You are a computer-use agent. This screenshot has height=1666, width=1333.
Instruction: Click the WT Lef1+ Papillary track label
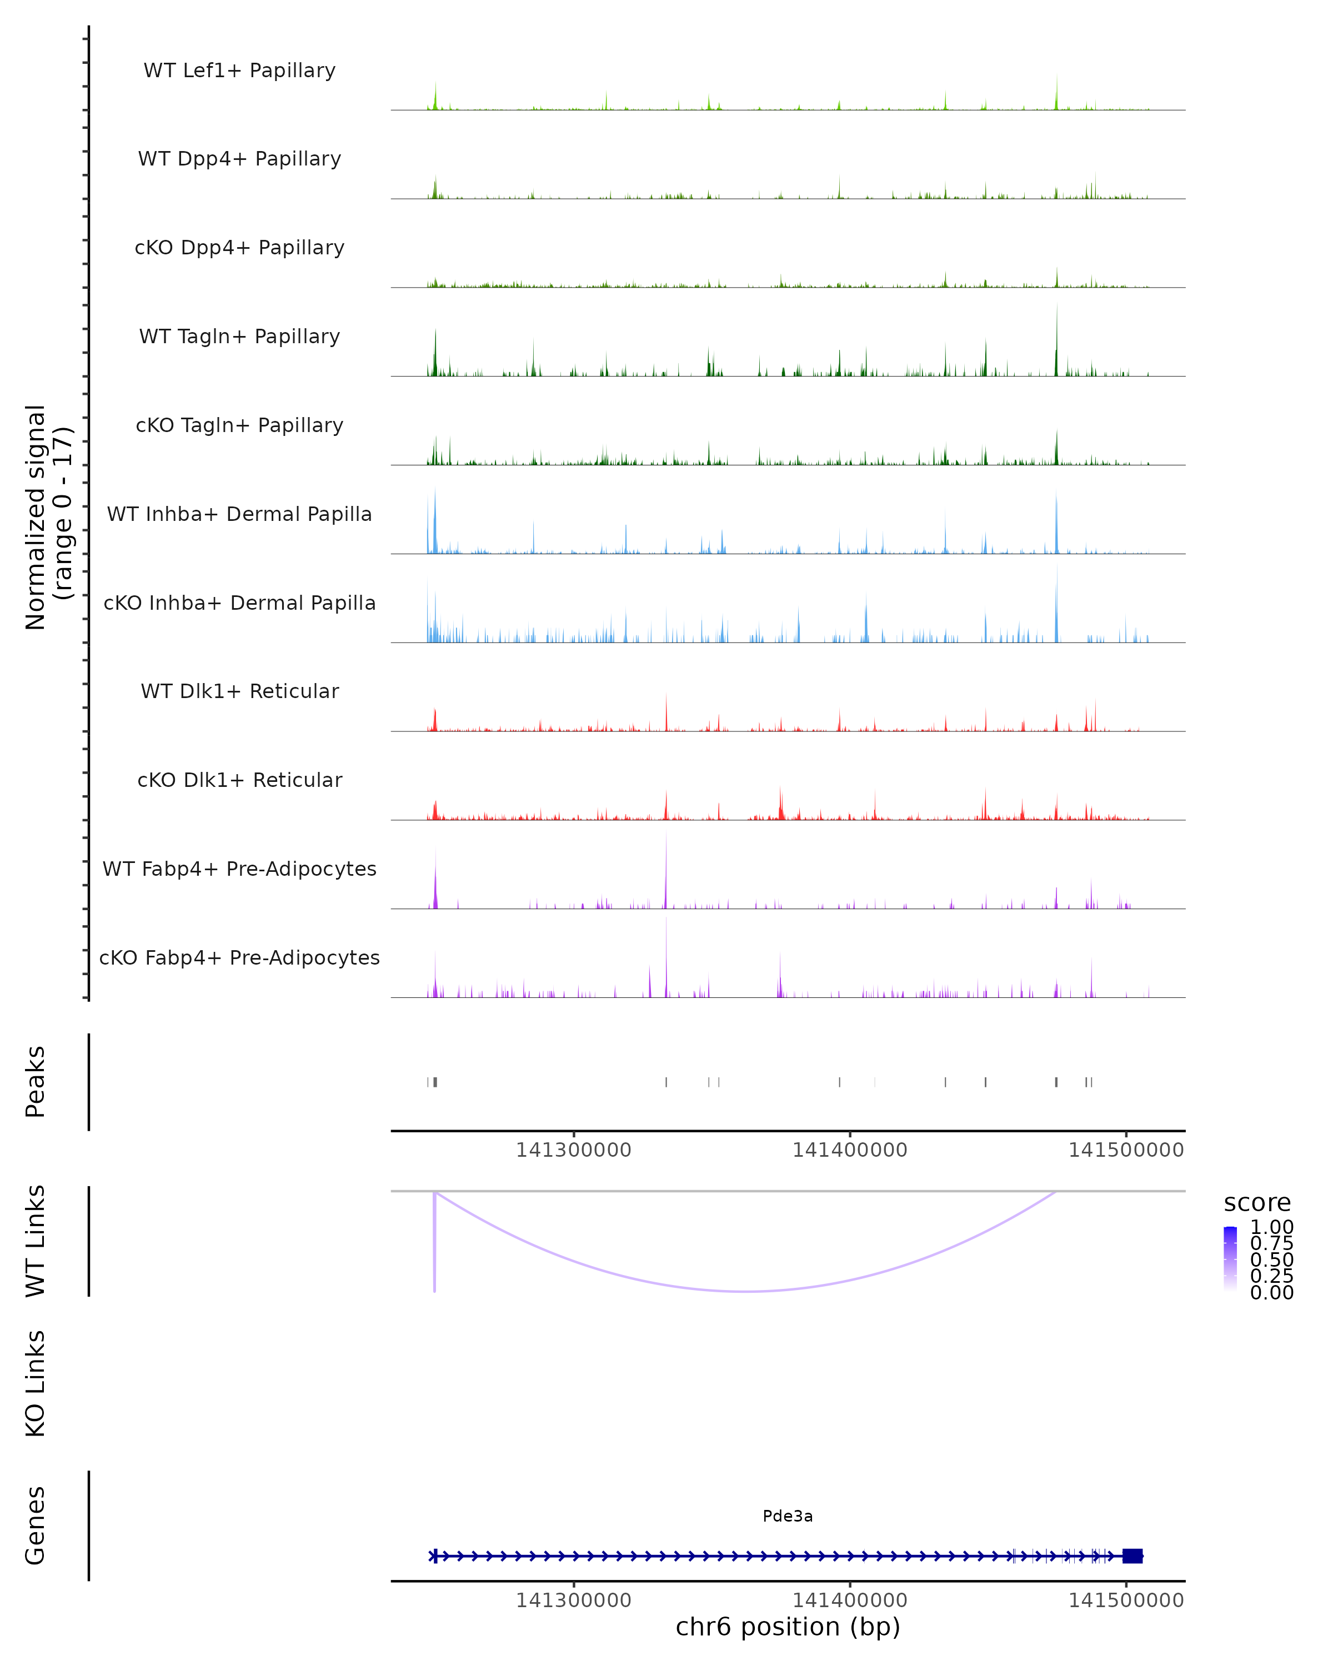[239, 71]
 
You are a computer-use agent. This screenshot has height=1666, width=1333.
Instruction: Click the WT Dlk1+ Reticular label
[239, 691]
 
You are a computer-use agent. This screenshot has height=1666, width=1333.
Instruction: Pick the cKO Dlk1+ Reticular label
[239, 780]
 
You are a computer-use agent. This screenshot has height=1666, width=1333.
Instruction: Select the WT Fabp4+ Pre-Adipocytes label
[239, 869]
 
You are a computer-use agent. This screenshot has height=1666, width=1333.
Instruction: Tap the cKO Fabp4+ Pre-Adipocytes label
[239, 957]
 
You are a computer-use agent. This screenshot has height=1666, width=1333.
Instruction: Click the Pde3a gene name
[788, 1516]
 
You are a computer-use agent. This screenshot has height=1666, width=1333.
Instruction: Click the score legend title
[1257, 1203]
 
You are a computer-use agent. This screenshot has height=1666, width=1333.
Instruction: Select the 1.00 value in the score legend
[1271, 1227]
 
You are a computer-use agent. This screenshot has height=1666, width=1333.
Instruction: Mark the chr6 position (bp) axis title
[788, 1627]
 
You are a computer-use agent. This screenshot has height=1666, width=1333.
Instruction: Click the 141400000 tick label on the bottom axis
[849, 1600]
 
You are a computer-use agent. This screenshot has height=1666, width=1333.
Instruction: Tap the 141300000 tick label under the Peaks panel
[573, 1150]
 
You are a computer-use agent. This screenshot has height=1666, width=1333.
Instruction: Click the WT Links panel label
[36, 1241]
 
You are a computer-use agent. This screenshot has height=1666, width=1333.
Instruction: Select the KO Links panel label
[36, 1383]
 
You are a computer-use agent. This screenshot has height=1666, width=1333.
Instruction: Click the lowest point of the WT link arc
[746, 1291]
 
